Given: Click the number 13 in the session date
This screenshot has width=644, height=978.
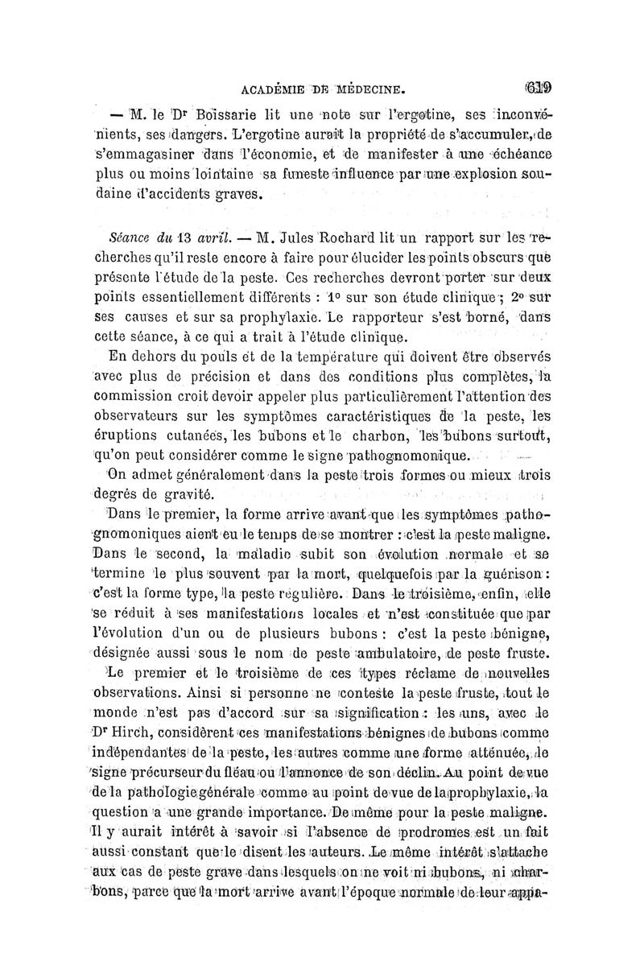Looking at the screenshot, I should pos(185,238).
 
